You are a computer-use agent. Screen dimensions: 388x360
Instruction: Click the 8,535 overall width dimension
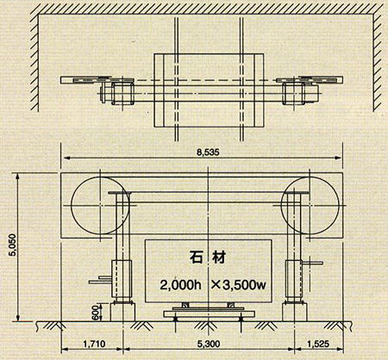pyautogui.click(x=208, y=152)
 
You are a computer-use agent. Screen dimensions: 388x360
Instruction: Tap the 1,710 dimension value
pyautogui.click(x=94, y=344)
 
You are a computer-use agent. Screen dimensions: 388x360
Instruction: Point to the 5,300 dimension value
pyautogui.click(x=209, y=344)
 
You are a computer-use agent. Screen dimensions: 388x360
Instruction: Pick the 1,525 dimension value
pyautogui.click(x=318, y=344)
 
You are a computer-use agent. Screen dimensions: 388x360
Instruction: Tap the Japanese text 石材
pyautogui.click(x=208, y=258)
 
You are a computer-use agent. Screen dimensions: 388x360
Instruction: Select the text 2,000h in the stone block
pyautogui.click(x=180, y=285)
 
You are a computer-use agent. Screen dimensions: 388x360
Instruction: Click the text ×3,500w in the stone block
pyautogui.click(x=238, y=285)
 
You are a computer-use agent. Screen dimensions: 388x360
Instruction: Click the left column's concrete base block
pyautogui.click(x=122, y=312)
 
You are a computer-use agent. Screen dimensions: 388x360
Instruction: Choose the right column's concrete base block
pyautogui.click(x=295, y=312)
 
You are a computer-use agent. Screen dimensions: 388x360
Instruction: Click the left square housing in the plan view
pyautogui.click(x=122, y=93)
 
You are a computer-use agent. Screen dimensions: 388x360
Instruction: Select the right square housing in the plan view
pyautogui.click(x=293, y=93)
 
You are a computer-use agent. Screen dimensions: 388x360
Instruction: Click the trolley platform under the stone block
pyautogui.click(x=209, y=313)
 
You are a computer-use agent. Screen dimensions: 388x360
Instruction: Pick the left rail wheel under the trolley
pyautogui.click(x=176, y=319)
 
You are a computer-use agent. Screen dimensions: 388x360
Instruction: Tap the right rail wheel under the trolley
pyautogui.click(x=241, y=319)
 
